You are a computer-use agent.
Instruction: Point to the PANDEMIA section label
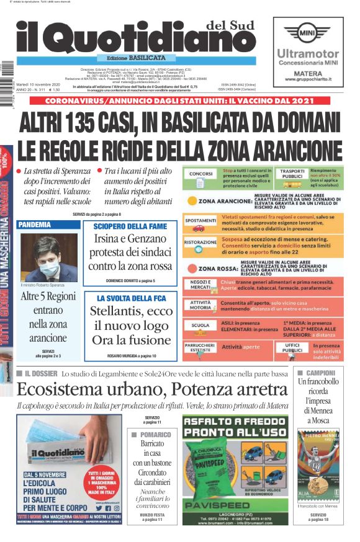point(35,224)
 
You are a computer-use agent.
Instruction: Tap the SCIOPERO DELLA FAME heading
point(130,226)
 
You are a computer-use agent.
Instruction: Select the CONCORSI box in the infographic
point(201,174)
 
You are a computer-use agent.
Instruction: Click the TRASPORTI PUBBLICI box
point(292,174)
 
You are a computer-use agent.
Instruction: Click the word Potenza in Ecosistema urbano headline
point(200,389)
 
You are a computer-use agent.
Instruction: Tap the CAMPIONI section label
point(320,373)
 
